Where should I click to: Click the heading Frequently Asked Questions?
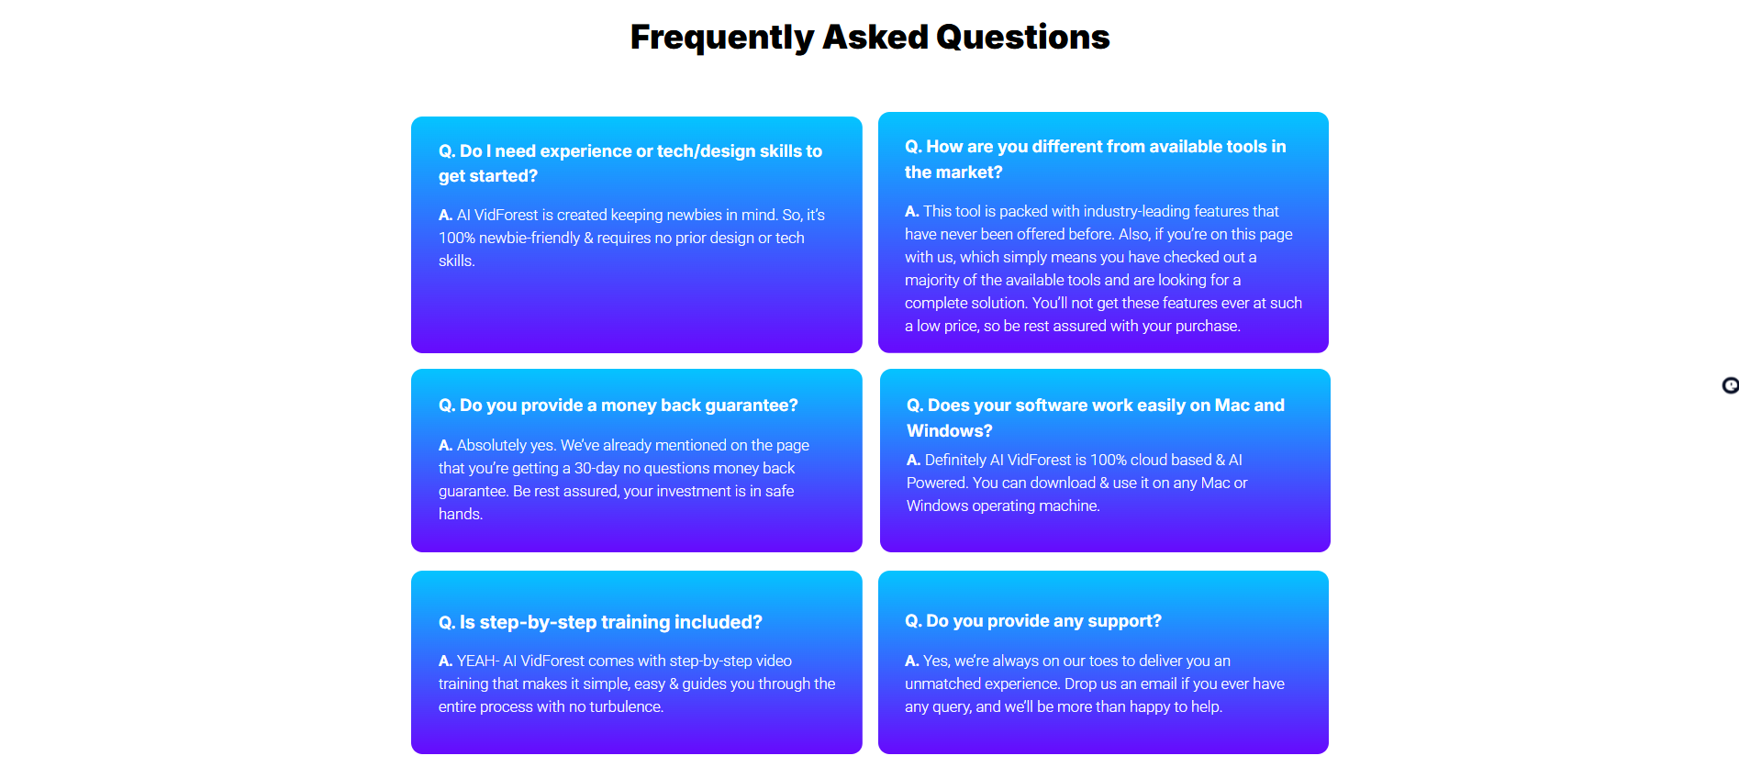870,38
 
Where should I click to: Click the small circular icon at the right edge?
1731,385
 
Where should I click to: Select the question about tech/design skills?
630,163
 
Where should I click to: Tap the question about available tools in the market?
1096,159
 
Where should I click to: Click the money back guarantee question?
619,406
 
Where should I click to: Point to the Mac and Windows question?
1096,417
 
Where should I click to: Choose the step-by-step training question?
600,622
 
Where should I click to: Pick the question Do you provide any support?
1033,621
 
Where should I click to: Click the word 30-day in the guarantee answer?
596,468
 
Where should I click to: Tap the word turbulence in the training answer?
626,706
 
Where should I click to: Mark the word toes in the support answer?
1103,661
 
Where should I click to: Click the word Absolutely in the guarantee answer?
493,446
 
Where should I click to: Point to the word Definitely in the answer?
955,461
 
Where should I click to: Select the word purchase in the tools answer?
1208,327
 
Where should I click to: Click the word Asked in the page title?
875,38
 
